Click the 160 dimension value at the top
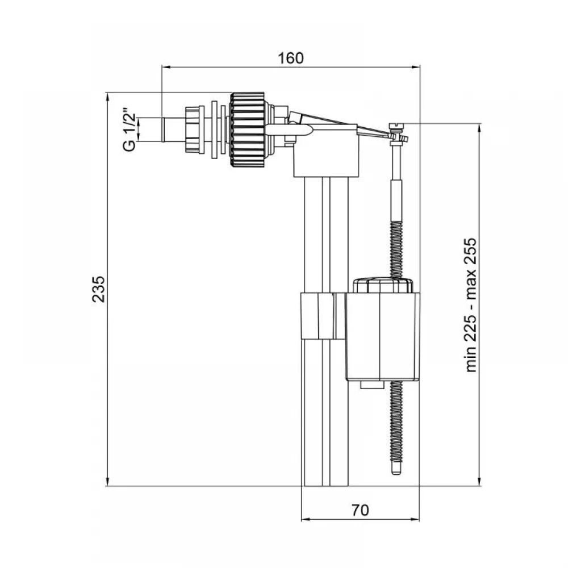point(290,58)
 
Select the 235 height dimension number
point(98,289)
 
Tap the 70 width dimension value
point(361,510)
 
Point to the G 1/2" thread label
point(130,130)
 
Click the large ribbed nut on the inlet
point(248,130)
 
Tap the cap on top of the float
point(383,285)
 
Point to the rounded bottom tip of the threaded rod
point(397,470)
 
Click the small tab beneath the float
point(372,385)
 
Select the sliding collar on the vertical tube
point(323,316)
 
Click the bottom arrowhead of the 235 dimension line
point(107,482)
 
